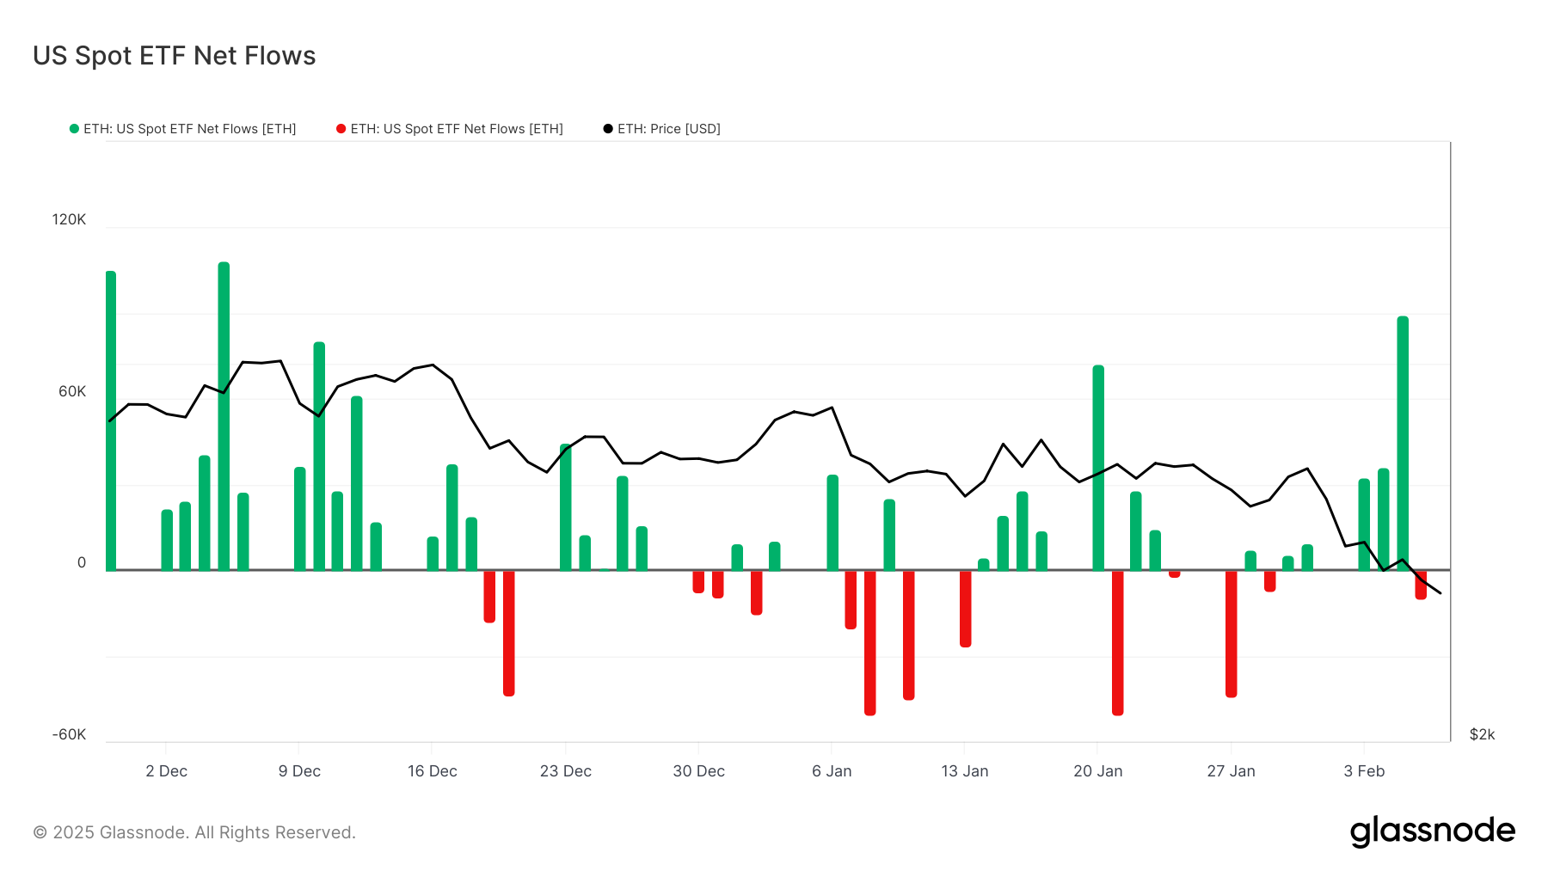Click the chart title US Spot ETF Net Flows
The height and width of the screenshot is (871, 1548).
[175, 56]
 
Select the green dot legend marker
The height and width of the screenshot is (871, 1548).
[74, 129]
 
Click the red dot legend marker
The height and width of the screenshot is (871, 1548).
[341, 129]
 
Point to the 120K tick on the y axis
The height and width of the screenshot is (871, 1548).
[69, 219]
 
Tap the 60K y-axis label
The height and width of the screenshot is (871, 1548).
[72, 391]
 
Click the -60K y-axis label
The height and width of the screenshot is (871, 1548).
[69, 734]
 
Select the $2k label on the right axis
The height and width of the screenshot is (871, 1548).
[1482, 734]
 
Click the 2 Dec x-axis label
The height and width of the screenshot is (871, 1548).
[166, 771]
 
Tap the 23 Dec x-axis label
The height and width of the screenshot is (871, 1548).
[565, 771]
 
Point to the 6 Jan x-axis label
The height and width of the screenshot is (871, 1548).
[832, 771]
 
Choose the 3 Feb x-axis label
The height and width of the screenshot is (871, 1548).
[1364, 771]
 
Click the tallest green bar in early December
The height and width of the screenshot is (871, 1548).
[224, 416]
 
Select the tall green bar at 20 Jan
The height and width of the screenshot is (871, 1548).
[1098, 468]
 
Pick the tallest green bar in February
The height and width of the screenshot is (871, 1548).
[1403, 443]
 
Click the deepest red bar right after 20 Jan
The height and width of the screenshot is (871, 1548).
[1117, 642]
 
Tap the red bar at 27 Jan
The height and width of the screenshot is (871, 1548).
[1231, 634]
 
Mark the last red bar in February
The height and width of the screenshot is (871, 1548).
[1421, 585]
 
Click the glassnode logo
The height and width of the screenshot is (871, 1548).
[1432, 831]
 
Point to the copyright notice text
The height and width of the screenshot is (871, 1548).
[194, 832]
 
